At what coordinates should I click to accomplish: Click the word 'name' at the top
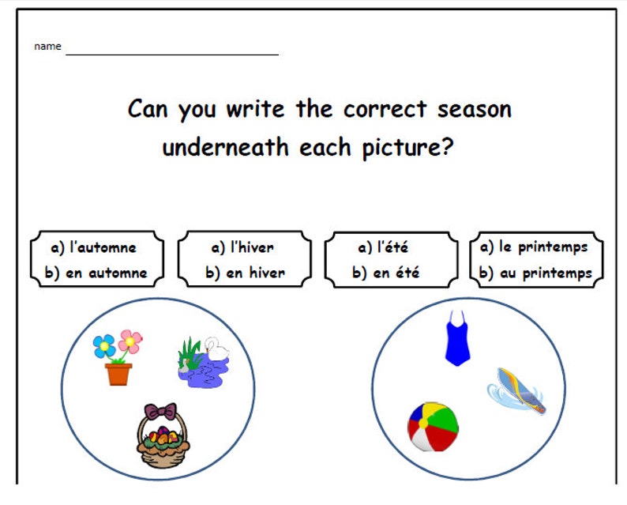coord(47,47)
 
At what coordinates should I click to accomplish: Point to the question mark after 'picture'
coord(447,148)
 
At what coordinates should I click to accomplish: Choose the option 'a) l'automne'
coord(93,247)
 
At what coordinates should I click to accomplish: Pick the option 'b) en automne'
coord(96,273)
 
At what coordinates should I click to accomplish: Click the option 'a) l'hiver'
coord(242,247)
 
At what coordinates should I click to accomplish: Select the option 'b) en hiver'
coord(245,273)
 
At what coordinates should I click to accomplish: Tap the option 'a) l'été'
coord(383,247)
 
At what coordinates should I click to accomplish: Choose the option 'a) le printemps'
coord(534,247)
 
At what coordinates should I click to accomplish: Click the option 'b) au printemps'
coord(535,273)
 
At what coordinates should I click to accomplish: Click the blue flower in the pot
coord(104,346)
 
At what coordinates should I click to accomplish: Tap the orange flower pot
coord(118,373)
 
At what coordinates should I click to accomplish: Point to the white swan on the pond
coord(213,349)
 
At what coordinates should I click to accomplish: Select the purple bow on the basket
coord(160,411)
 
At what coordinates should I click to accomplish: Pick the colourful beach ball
coord(433,427)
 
